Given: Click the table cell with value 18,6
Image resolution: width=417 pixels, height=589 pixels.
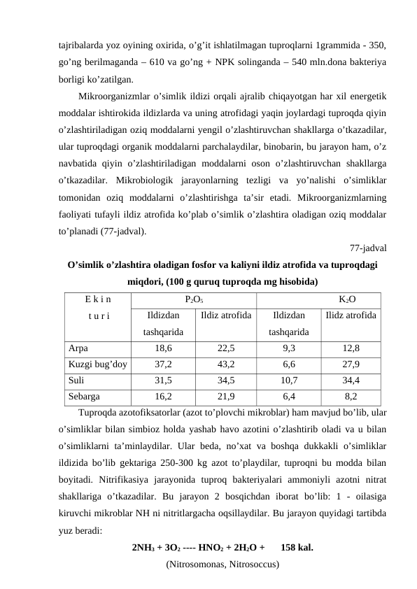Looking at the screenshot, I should [163, 347].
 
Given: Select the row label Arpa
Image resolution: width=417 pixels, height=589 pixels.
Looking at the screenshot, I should [78, 347].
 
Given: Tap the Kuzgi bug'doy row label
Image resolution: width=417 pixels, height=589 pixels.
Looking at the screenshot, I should [98, 364].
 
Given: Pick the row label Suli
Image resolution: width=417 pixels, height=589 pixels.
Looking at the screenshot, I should [77, 381].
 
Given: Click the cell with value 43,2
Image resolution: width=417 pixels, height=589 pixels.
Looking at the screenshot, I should [226, 364].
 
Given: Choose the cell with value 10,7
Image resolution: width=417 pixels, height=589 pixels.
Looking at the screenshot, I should [289, 381].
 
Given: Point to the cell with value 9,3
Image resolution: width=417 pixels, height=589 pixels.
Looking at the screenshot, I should [289, 347].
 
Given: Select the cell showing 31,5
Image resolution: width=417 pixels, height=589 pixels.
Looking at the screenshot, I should [163, 381].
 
